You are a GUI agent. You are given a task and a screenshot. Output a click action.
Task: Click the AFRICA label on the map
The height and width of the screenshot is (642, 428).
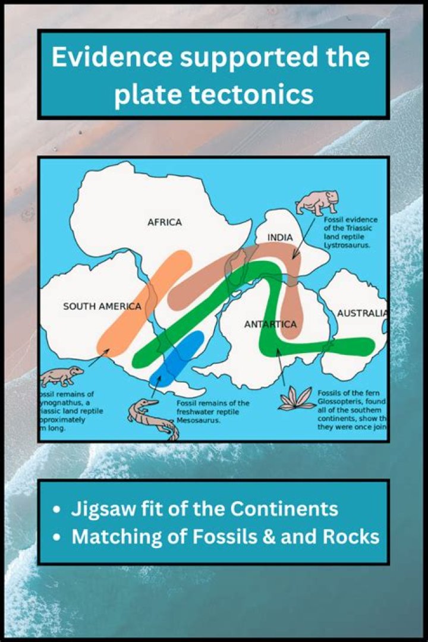[165, 222]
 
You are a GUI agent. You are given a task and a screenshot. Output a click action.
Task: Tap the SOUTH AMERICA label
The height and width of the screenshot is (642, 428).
[102, 307]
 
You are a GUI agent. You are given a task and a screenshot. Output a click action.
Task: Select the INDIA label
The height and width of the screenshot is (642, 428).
[280, 238]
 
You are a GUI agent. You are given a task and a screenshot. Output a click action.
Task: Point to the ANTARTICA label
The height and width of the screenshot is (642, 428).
[270, 325]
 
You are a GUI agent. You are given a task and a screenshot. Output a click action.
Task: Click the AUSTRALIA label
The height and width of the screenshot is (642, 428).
[362, 313]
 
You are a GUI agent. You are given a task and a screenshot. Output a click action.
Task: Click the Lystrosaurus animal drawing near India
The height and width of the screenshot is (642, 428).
[317, 203]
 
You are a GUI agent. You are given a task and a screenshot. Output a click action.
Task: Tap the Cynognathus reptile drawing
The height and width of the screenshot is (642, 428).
[62, 376]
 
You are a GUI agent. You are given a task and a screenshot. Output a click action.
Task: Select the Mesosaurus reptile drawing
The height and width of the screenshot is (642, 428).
[151, 416]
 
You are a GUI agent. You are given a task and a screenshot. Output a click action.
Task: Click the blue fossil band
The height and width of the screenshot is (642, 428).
[177, 358]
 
